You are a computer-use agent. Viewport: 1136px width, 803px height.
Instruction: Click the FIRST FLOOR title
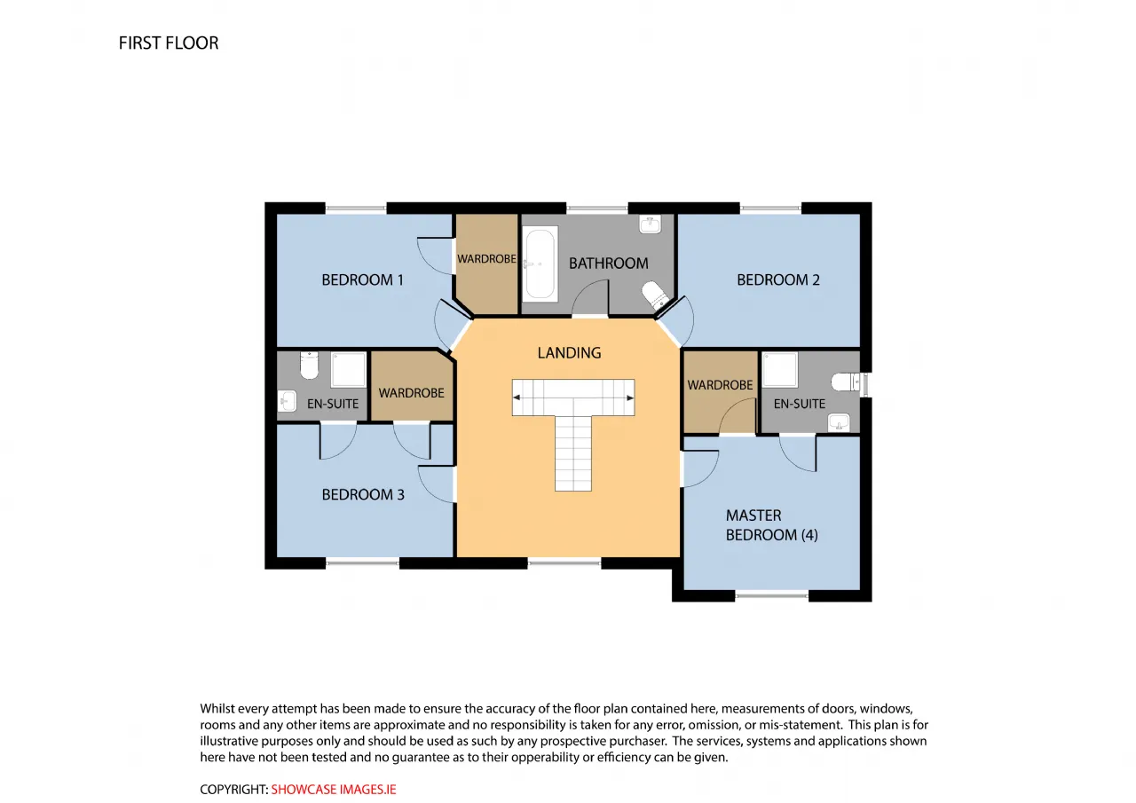[169, 43]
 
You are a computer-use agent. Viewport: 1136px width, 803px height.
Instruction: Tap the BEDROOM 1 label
[362, 279]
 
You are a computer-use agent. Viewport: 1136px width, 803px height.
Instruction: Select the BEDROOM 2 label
[778, 279]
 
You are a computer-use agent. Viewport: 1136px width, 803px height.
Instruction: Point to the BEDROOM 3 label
[363, 494]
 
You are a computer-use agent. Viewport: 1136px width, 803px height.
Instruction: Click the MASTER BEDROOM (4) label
[771, 525]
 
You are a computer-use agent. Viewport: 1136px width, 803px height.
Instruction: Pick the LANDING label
[569, 353]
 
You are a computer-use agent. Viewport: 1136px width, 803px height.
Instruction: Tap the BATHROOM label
[608, 264]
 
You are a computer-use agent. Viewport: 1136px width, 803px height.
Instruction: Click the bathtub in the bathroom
[540, 264]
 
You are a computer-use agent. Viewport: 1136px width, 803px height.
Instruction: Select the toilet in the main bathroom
[655, 295]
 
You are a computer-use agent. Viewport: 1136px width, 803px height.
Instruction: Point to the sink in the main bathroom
[650, 224]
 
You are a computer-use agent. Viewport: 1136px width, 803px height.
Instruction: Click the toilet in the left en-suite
[309, 365]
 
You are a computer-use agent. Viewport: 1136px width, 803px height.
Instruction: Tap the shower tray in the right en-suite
[780, 370]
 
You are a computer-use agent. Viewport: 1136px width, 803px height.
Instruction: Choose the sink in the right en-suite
[839, 422]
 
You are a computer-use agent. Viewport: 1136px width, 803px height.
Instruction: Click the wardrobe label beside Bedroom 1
[486, 259]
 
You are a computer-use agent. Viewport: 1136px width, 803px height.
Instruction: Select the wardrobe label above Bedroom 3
[411, 393]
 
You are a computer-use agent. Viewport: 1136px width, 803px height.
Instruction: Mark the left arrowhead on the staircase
[517, 398]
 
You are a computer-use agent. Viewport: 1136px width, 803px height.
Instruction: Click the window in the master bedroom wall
[771, 595]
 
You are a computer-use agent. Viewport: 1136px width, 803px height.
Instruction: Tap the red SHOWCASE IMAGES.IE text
[333, 790]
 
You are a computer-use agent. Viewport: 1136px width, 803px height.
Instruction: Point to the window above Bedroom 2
[770, 208]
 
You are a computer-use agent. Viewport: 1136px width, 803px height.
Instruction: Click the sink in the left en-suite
[287, 401]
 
